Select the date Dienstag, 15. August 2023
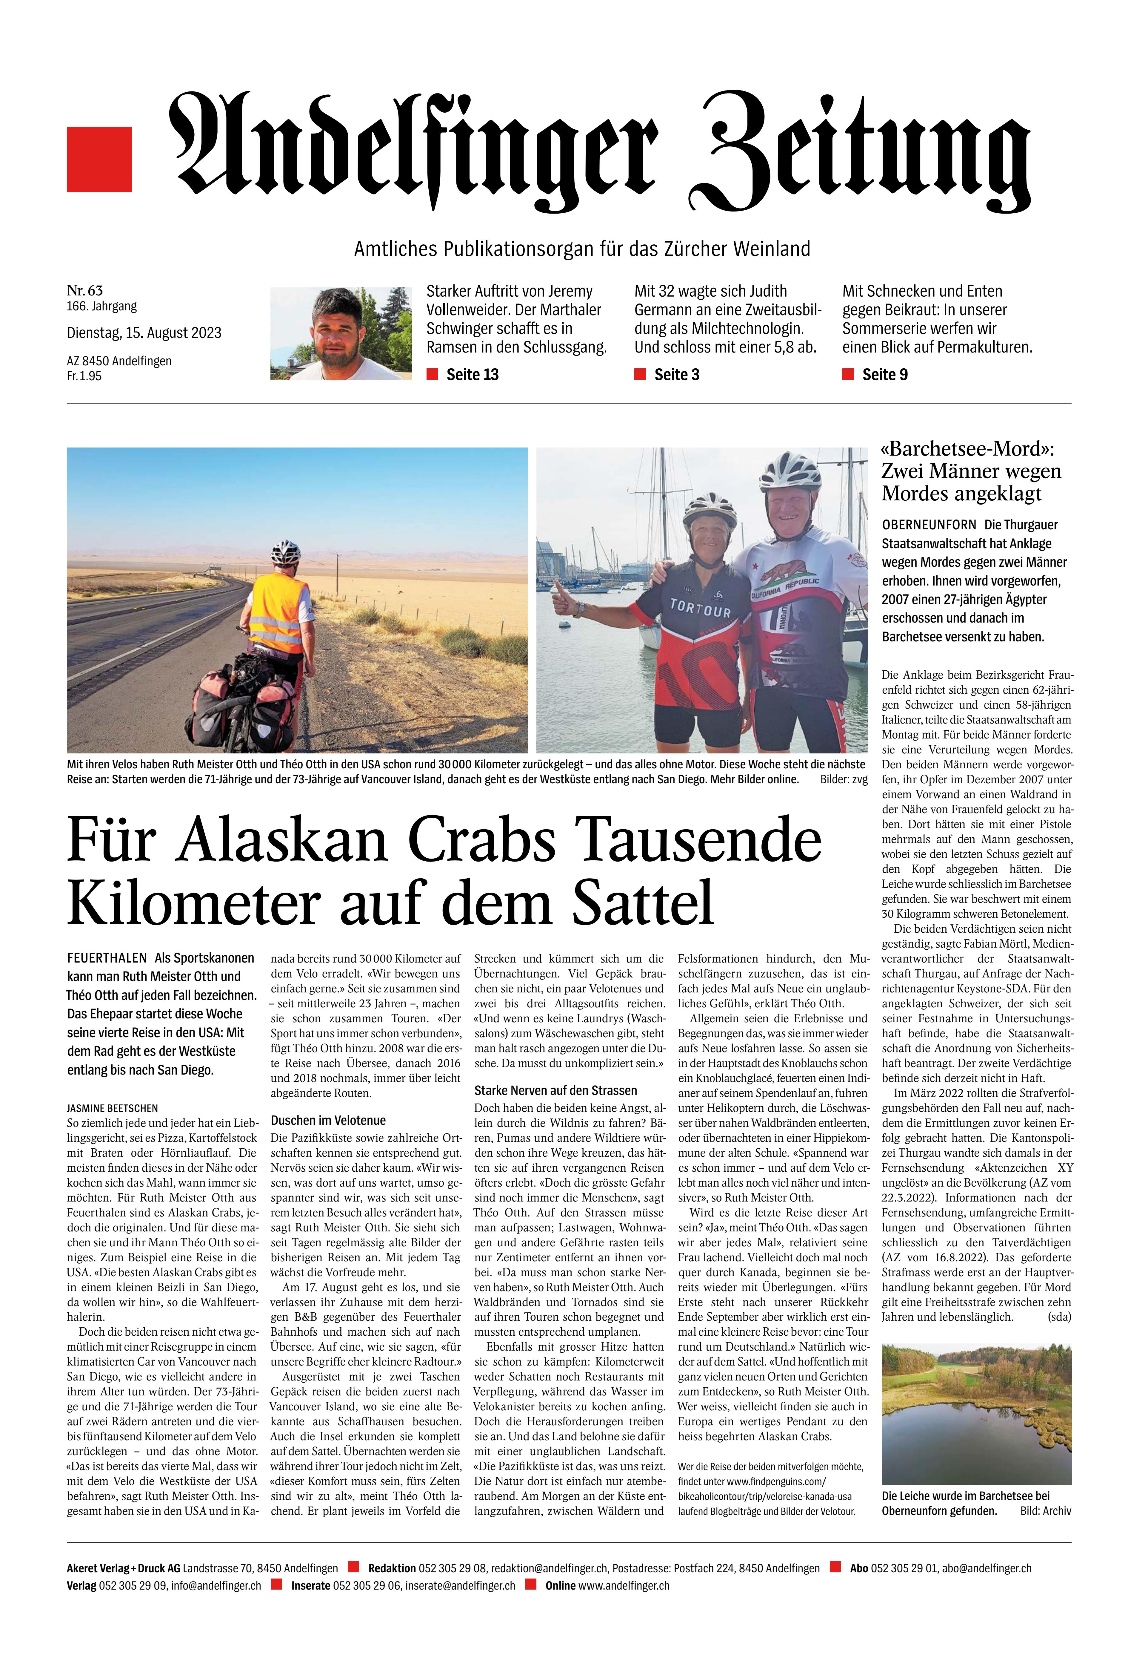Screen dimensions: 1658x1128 (x=144, y=332)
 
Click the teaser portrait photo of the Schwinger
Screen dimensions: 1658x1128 (x=341, y=333)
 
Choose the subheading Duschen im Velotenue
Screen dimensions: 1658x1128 (x=328, y=1120)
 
